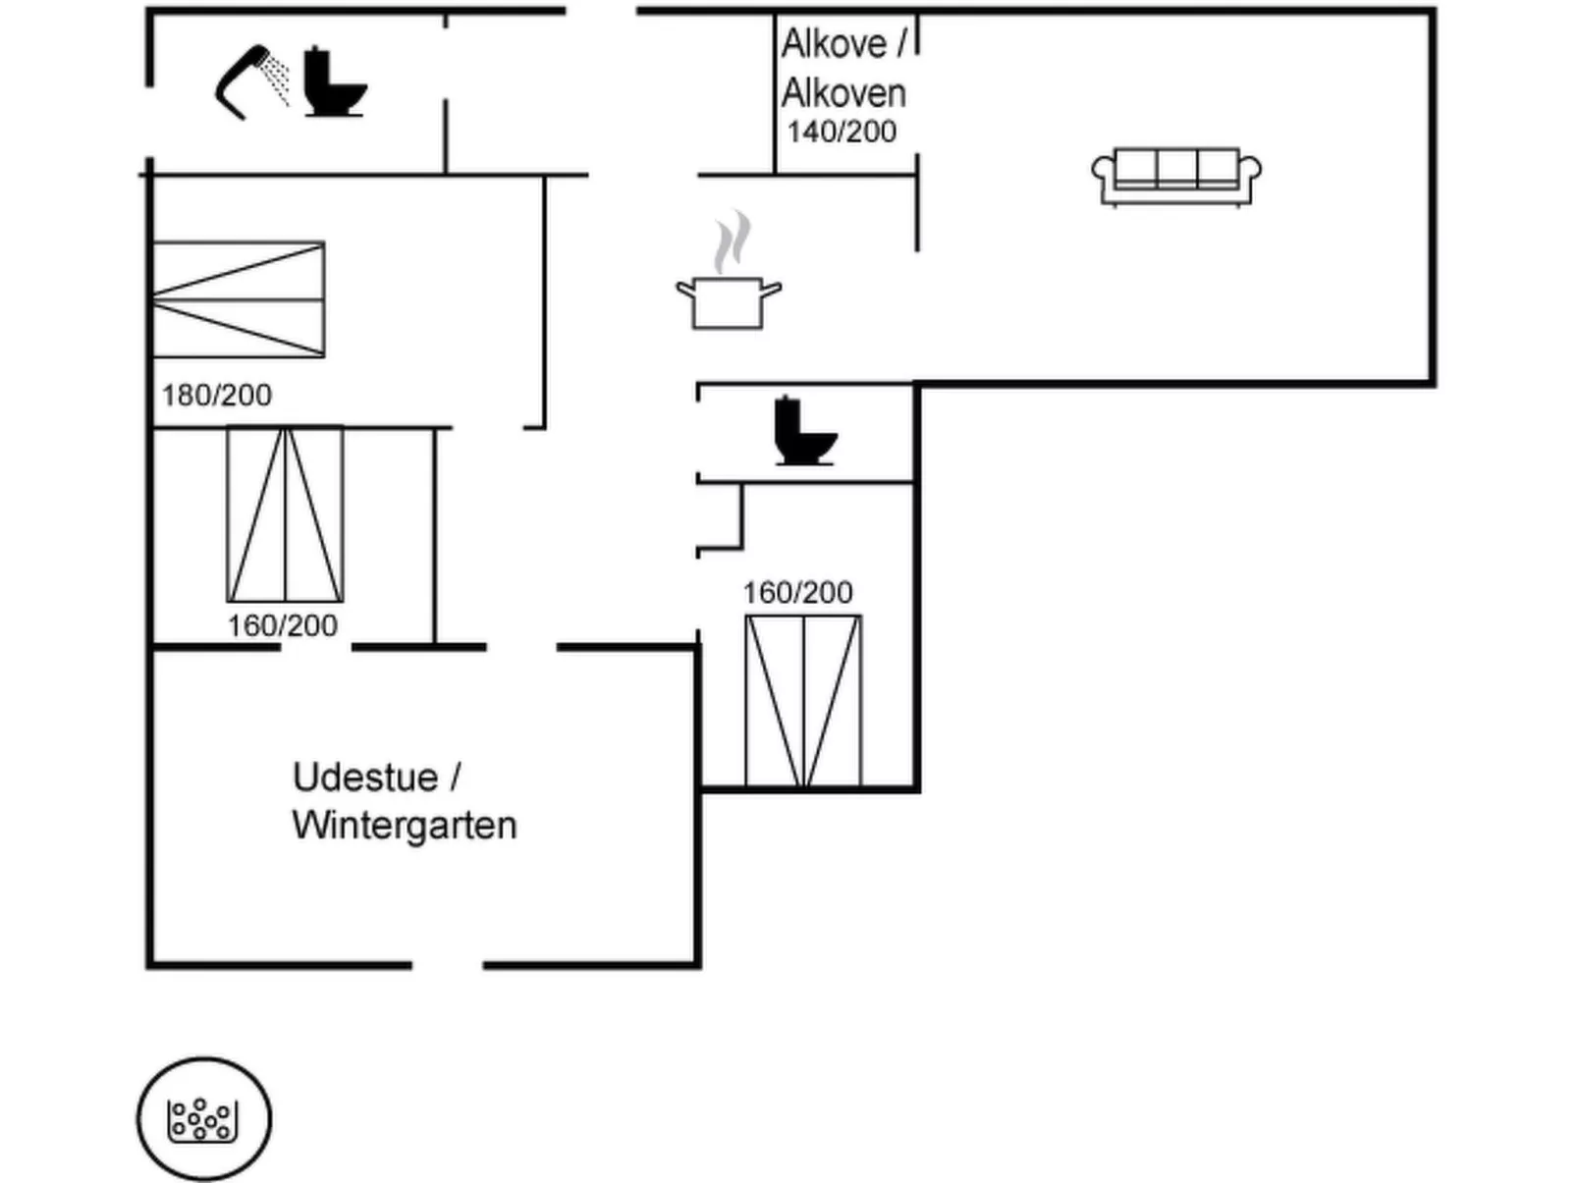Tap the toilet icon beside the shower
(334, 81)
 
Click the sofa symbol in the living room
(1175, 177)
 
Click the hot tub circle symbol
(204, 1119)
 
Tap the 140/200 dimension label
(842, 133)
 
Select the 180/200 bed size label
(216, 395)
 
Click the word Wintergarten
(405, 826)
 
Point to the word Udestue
(365, 778)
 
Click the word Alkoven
(843, 93)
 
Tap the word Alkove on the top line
(834, 44)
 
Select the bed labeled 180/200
(239, 299)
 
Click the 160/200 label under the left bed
(283, 625)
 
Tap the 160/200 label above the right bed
(797, 593)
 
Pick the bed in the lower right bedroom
(803, 702)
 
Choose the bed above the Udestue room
(285, 514)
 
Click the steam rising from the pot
(733, 241)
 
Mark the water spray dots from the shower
(275, 78)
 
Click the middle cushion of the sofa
(1176, 169)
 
